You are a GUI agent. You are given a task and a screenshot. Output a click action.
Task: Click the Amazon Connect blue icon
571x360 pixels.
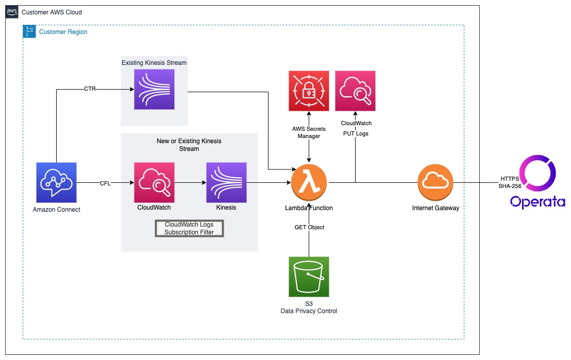(x=56, y=182)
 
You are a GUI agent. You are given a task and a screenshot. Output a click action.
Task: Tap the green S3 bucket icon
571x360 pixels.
(x=309, y=277)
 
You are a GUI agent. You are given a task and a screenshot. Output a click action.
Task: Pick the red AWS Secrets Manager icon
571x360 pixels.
(x=309, y=91)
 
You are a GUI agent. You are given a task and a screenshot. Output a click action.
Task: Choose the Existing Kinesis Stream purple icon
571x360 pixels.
(x=154, y=89)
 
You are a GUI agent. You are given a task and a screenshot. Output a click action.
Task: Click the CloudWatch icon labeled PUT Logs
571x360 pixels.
(x=355, y=91)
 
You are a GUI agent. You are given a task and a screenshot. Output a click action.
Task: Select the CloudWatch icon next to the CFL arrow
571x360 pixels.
(x=154, y=182)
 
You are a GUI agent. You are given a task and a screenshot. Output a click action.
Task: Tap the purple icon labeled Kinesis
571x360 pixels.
(x=226, y=182)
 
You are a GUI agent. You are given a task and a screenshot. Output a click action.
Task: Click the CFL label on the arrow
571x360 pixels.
(x=106, y=182)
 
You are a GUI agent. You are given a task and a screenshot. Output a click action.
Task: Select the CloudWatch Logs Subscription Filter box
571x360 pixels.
(x=189, y=228)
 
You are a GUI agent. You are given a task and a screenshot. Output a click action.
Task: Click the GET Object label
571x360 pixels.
(x=309, y=227)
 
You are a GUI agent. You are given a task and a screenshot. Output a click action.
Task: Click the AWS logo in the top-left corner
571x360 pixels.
(x=12, y=12)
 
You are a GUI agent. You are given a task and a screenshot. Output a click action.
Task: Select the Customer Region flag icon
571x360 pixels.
(x=30, y=31)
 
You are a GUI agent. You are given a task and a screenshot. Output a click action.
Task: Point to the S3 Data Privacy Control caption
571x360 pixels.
(x=309, y=307)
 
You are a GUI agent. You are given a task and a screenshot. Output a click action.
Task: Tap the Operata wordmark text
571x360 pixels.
(x=537, y=201)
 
